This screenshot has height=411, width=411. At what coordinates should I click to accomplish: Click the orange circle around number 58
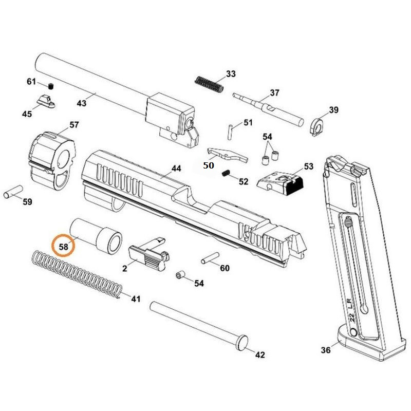[x=64, y=245]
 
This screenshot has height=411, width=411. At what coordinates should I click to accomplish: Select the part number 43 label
[x=81, y=103]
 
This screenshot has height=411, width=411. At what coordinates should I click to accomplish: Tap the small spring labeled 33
[x=209, y=83]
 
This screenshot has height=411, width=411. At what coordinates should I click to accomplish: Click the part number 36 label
[x=326, y=350]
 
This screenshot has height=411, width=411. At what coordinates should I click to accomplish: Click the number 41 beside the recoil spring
[x=135, y=299]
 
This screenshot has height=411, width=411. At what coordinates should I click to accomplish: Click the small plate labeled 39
[x=319, y=125]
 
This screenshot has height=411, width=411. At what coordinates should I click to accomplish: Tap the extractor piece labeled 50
[x=225, y=154]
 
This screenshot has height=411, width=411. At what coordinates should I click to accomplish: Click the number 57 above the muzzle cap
[x=74, y=125]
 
